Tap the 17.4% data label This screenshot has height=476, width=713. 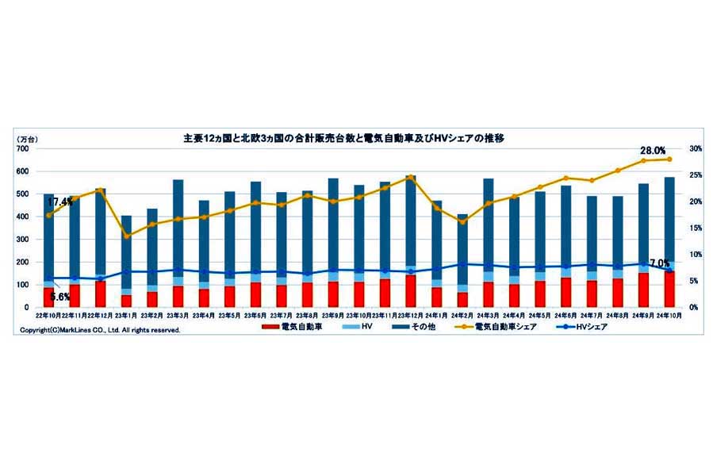coord(60,202)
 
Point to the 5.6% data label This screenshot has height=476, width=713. coord(60,296)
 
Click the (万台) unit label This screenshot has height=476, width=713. coord(27,139)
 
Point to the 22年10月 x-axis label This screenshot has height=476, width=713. coord(48,315)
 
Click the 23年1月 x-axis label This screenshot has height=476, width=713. coord(126,315)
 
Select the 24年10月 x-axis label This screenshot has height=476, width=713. coord(669,315)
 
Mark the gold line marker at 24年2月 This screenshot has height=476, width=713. coord(462,222)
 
